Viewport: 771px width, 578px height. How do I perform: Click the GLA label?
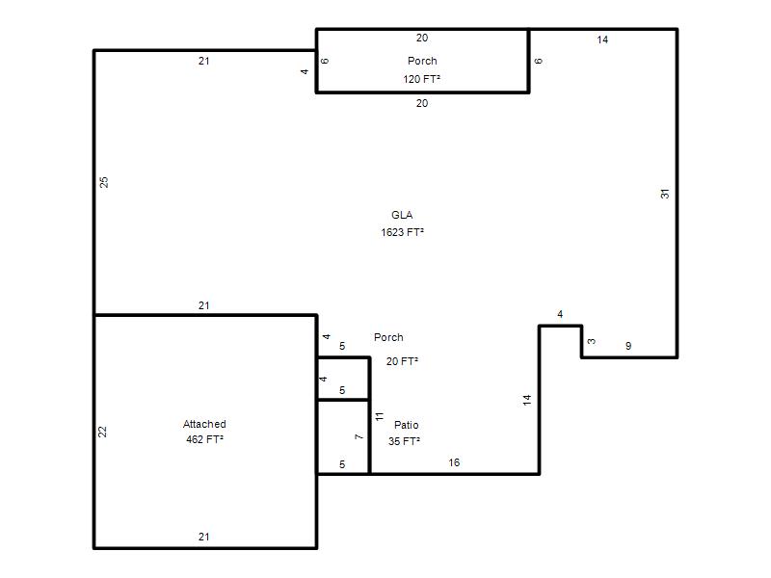(x=402, y=215)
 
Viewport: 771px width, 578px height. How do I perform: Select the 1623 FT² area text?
(x=402, y=232)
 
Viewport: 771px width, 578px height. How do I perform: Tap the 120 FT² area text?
(x=421, y=79)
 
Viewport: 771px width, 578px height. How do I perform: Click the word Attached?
(x=204, y=424)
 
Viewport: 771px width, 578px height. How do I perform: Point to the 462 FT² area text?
(x=204, y=439)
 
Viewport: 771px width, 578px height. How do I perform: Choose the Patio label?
(x=406, y=425)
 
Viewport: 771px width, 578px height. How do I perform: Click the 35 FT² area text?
(x=404, y=441)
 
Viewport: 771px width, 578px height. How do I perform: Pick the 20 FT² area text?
(x=402, y=361)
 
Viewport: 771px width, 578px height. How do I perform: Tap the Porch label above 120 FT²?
(x=422, y=61)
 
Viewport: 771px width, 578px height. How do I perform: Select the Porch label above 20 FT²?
(x=388, y=337)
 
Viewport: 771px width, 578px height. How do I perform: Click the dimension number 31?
(x=665, y=194)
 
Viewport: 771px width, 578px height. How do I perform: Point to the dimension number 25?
(x=104, y=182)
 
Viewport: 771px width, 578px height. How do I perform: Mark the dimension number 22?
(x=102, y=432)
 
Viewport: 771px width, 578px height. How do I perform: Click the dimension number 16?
(x=454, y=462)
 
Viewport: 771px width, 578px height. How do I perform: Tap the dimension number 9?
(x=628, y=346)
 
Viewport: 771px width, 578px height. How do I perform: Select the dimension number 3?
(x=592, y=341)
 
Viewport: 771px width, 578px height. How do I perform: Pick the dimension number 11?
(x=379, y=416)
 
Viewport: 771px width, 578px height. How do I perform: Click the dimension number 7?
(x=359, y=436)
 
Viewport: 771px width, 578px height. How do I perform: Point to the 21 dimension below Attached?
(x=204, y=537)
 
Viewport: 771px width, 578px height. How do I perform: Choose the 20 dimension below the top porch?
(x=422, y=103)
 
